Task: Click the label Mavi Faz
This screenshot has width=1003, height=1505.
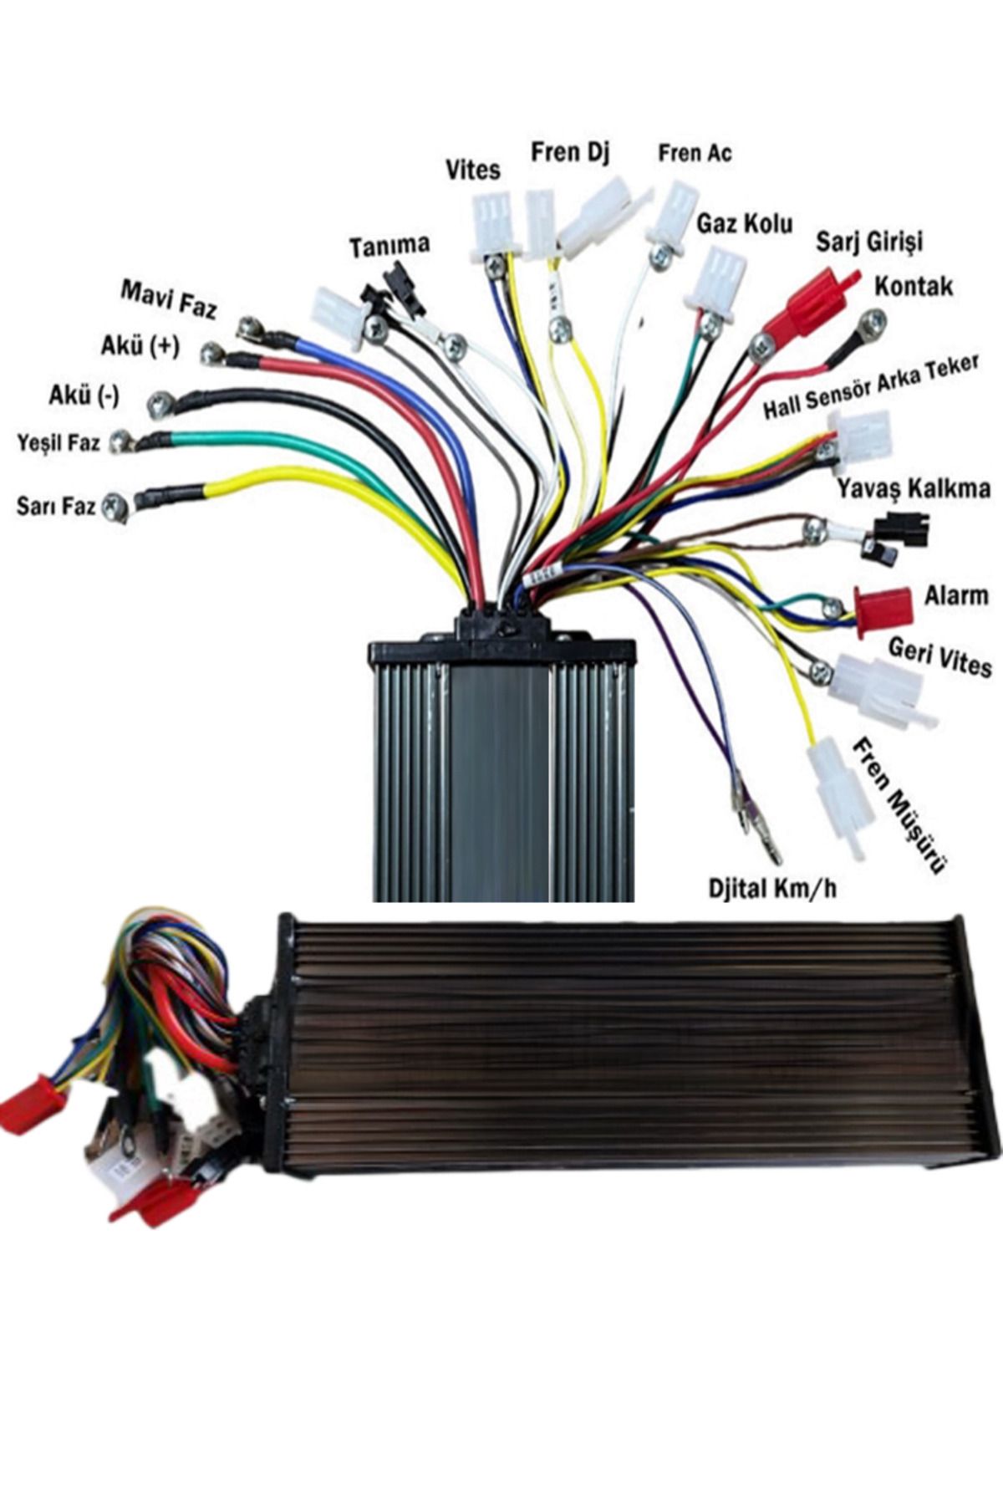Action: [x=169, y=299]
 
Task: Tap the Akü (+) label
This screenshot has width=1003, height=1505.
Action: [x=140, y=345]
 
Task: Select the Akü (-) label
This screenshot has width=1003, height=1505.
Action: [x=84, y=395]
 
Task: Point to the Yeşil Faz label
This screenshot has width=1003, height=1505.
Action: [x=59, y=442]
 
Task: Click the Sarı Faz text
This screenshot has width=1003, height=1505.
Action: [x=55, y=506]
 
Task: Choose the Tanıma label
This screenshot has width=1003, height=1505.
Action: [x=389, y=246]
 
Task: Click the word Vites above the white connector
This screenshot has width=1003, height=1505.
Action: [x=472, y=170]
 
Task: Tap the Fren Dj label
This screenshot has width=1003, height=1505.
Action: [x=570, y=152]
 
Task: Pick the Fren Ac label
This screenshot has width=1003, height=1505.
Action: [x=695, y=153]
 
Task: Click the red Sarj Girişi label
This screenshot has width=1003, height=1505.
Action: [x=869, y=242]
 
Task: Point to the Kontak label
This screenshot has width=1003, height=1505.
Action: [x=914, y=286]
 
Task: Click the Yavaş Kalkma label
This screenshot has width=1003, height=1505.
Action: [x=914, y=488]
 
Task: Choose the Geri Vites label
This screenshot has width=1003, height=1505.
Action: [x=939, y=657]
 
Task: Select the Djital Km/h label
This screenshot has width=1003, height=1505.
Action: [x=771, y=887]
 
